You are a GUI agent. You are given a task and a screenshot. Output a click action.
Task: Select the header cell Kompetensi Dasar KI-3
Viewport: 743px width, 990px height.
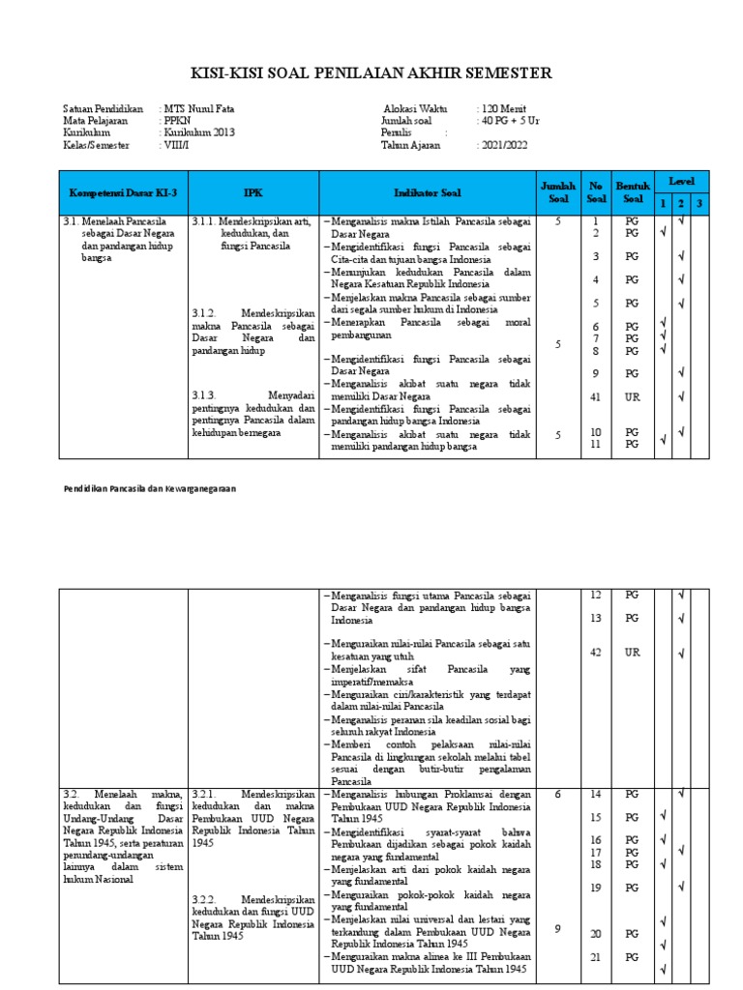(123, 193)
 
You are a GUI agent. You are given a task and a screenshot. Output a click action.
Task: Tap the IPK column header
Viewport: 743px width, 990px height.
(253, 193)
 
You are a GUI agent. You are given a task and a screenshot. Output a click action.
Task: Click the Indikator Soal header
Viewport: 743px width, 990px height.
(427, 193)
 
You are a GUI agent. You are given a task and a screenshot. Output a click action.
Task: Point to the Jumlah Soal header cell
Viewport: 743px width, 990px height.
(558, 192)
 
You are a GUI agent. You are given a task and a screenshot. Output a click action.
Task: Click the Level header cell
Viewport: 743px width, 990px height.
(682, 181)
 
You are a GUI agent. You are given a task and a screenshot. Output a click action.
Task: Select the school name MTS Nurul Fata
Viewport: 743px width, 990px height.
(198, 108)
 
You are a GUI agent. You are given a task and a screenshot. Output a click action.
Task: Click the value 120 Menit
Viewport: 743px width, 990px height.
(502, 108)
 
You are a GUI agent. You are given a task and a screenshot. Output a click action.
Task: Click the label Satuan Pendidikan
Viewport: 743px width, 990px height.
(103, 108)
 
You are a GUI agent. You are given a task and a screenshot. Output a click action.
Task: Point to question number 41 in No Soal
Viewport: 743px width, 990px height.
(596, 396)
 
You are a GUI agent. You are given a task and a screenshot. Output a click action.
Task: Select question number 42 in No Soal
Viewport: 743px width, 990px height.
(596, 653)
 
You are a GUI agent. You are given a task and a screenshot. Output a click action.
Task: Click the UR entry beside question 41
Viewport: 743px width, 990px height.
(632, 396)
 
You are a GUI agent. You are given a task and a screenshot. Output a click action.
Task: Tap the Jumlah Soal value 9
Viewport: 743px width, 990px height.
(558, 929)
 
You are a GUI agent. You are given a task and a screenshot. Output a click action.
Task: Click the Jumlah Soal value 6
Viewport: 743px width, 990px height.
(558, 794)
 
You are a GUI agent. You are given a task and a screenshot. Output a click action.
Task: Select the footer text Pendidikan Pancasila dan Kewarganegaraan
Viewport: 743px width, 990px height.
(150, 489)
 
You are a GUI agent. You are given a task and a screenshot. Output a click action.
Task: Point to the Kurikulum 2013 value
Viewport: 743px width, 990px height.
(199, 132)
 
